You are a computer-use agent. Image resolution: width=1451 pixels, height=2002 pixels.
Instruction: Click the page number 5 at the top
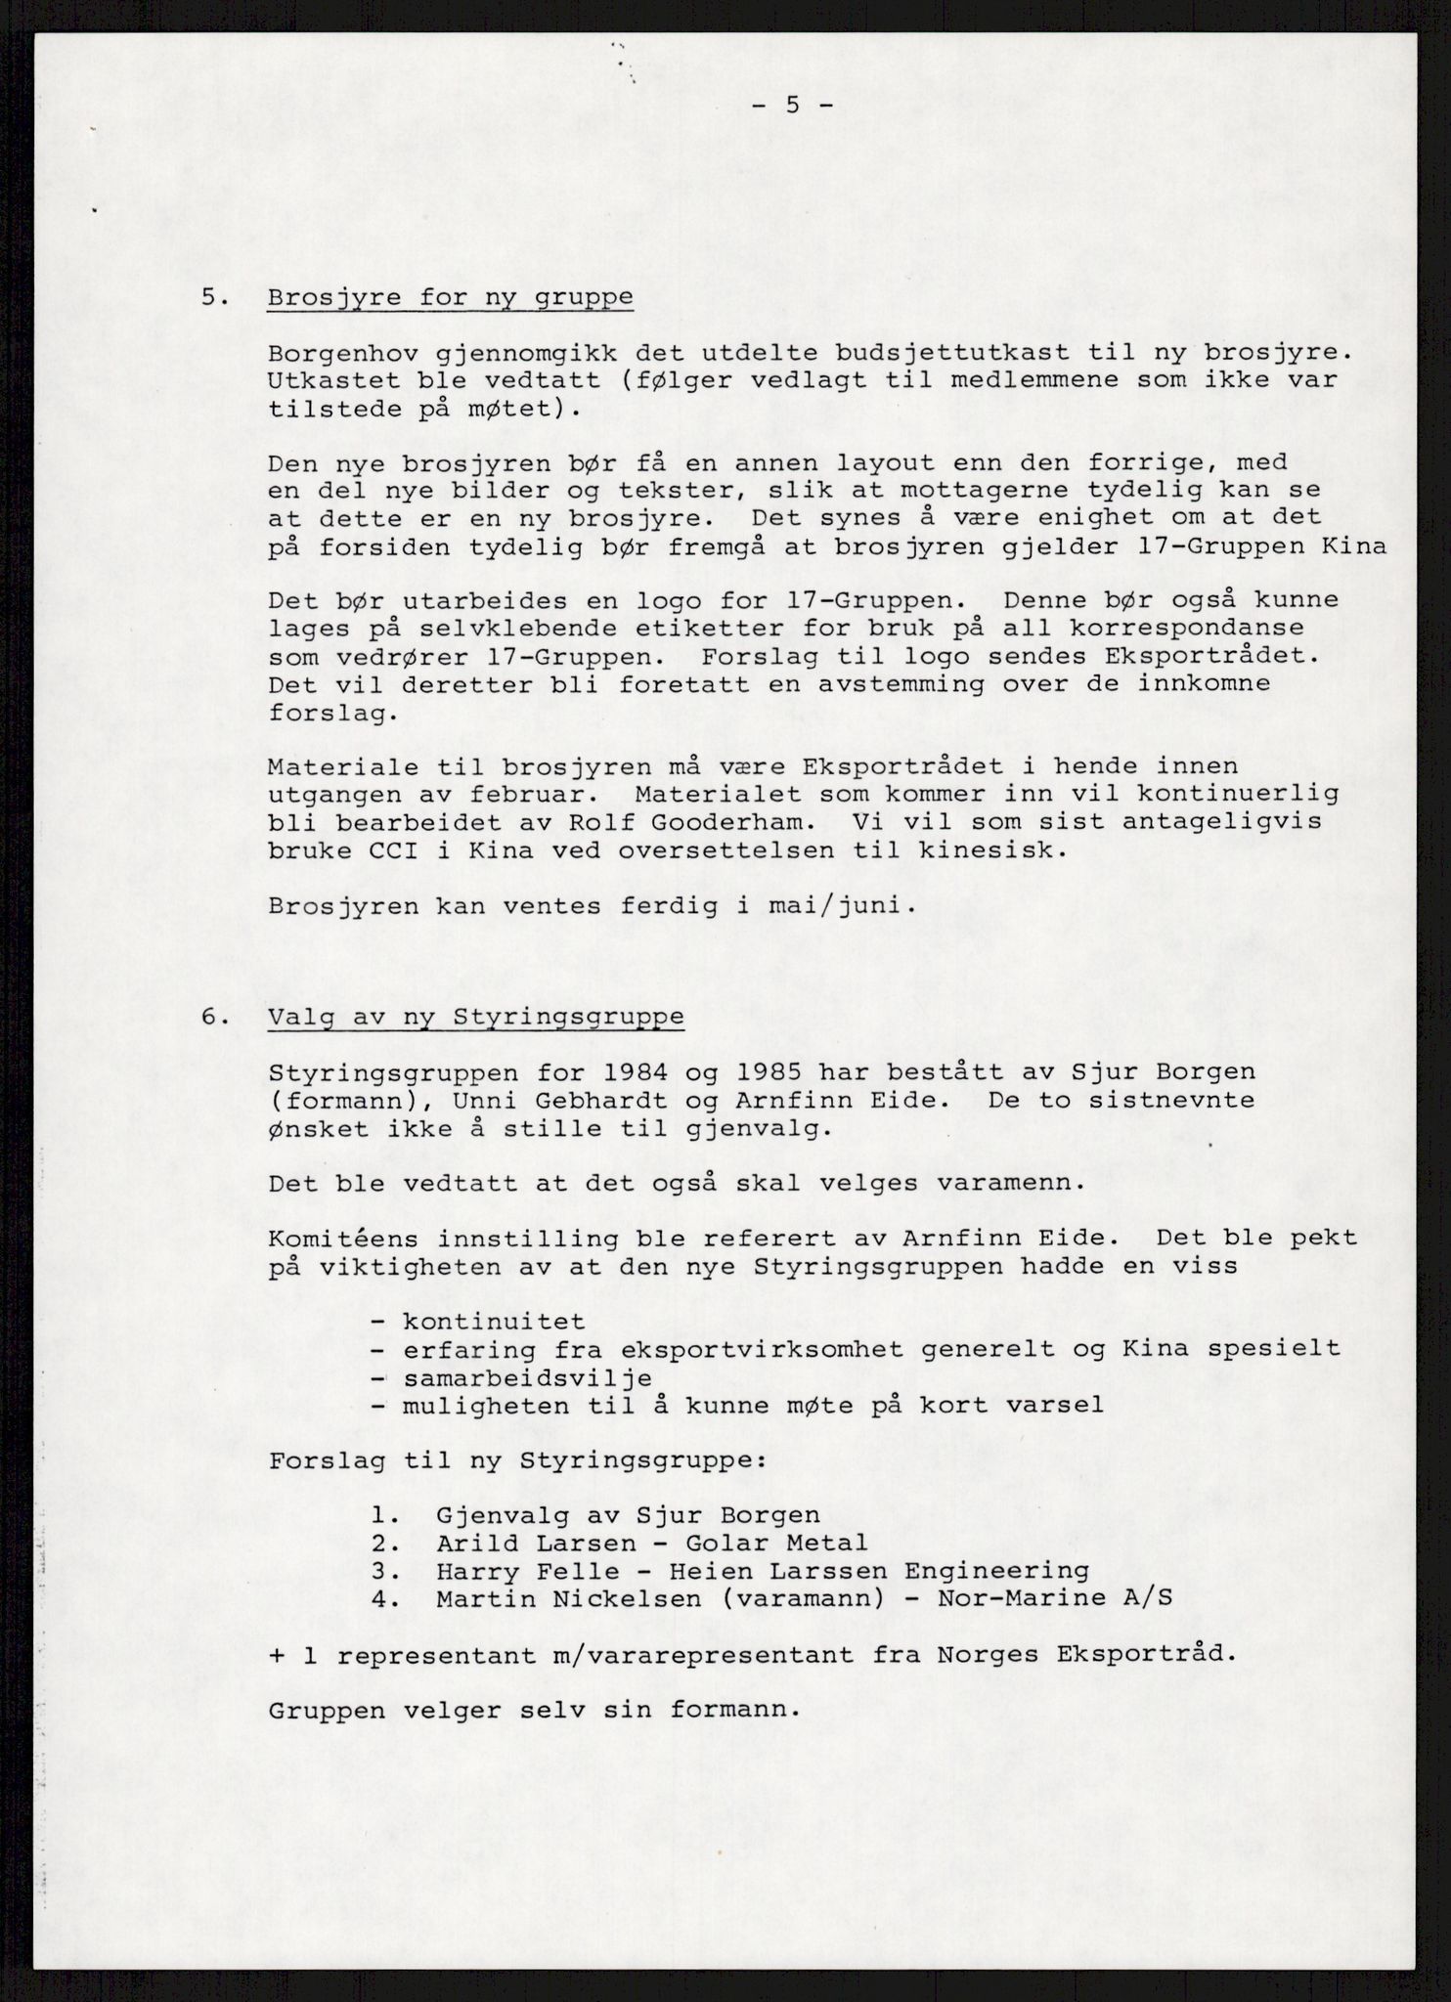tap(793, 106)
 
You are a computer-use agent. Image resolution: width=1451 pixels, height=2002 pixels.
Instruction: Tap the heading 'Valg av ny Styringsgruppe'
tap(475, 1017)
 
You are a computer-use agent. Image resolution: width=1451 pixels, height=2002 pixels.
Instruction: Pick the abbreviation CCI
tap(393, 849)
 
